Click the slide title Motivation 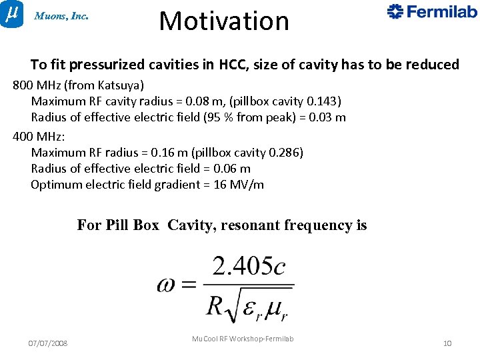point(224,21)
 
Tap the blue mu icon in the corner point(11,13)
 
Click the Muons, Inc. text point(61,16)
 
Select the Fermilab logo point(432,11)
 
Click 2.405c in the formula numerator point(249,267)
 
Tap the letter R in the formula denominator point(215,305)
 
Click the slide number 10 point(447,343)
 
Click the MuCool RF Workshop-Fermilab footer point(243,339)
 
